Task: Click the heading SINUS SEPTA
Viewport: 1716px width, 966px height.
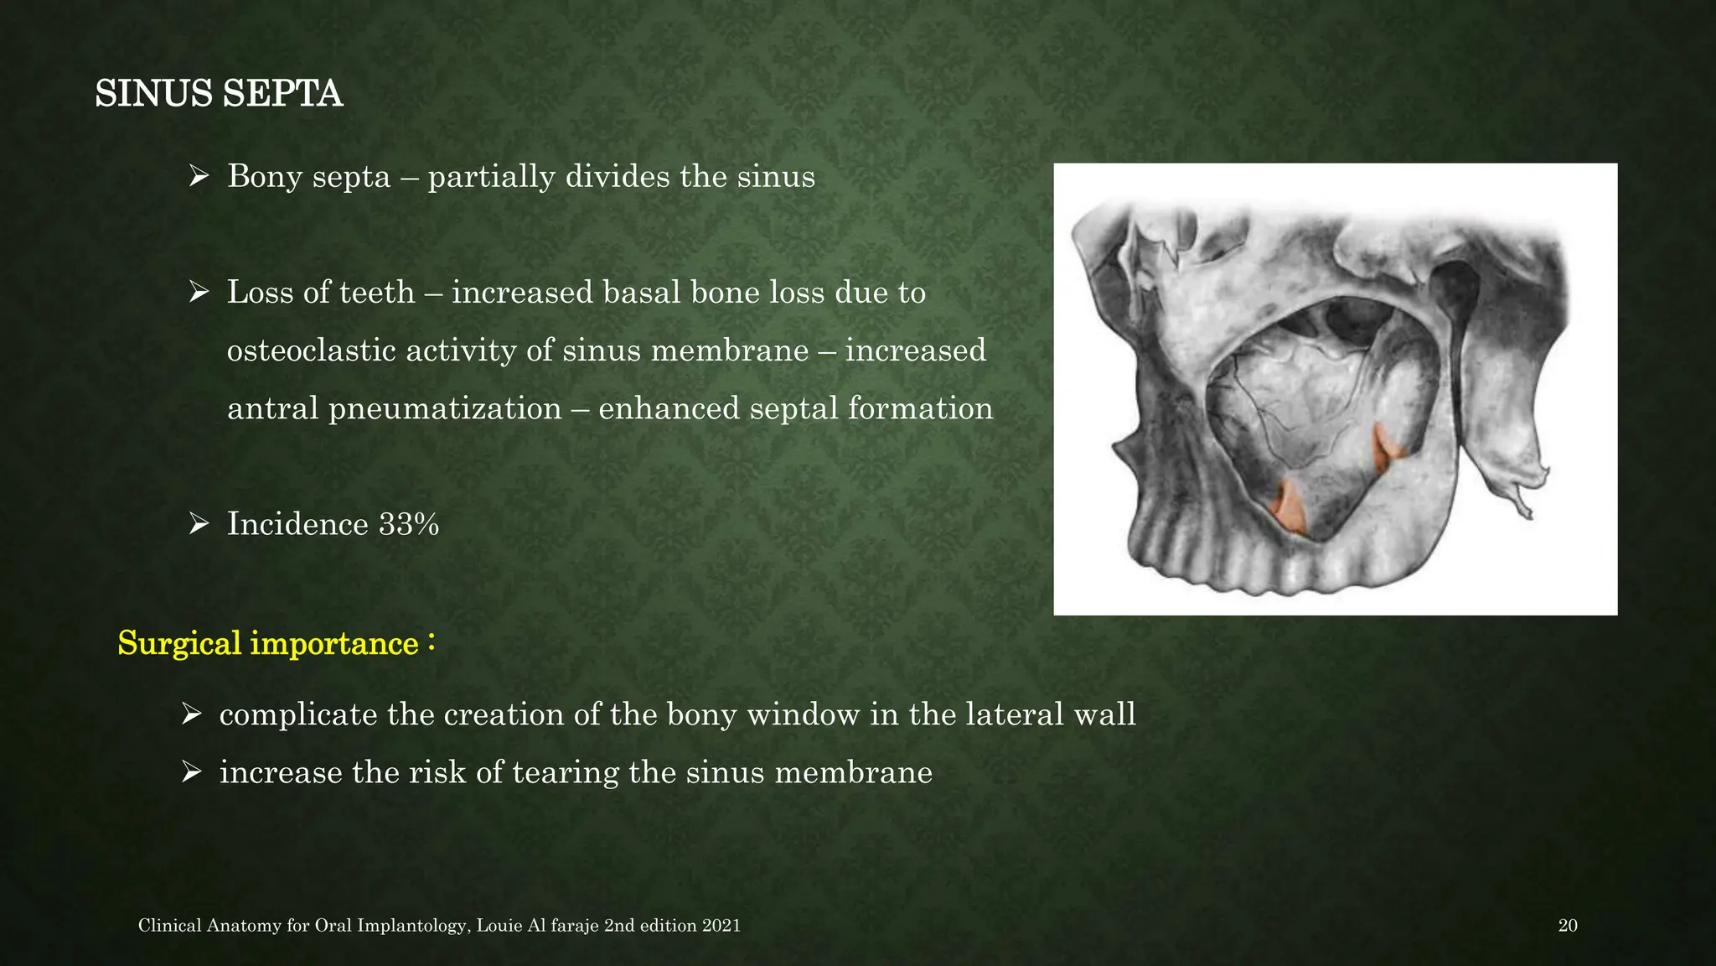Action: (x=219, y=93)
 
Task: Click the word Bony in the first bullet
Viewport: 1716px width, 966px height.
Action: (x=265, y=177)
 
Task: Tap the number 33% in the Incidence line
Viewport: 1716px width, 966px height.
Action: (x=409, y=524)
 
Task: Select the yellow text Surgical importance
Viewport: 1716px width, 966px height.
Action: (x=267, y=643)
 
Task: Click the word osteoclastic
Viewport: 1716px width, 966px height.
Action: (x=310, y=351)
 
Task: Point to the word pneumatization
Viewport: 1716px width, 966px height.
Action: (x=444, y=408)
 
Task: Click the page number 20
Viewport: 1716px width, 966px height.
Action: (x=1567, y=926)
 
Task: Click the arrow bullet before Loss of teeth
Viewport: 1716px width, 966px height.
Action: (x=199, y=293)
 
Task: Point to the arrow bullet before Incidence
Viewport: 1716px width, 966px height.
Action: (x=199, y=524)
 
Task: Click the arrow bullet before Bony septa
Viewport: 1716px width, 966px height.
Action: (x=199, y=177)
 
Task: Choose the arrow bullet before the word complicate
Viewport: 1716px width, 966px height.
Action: (x=191, y=714)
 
